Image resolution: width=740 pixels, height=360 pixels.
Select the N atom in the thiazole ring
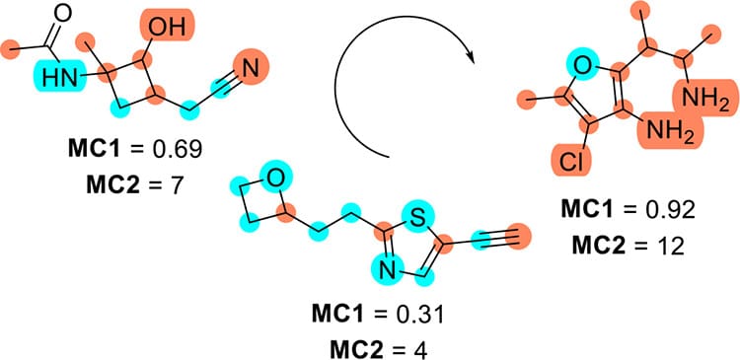coord(384,268)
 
